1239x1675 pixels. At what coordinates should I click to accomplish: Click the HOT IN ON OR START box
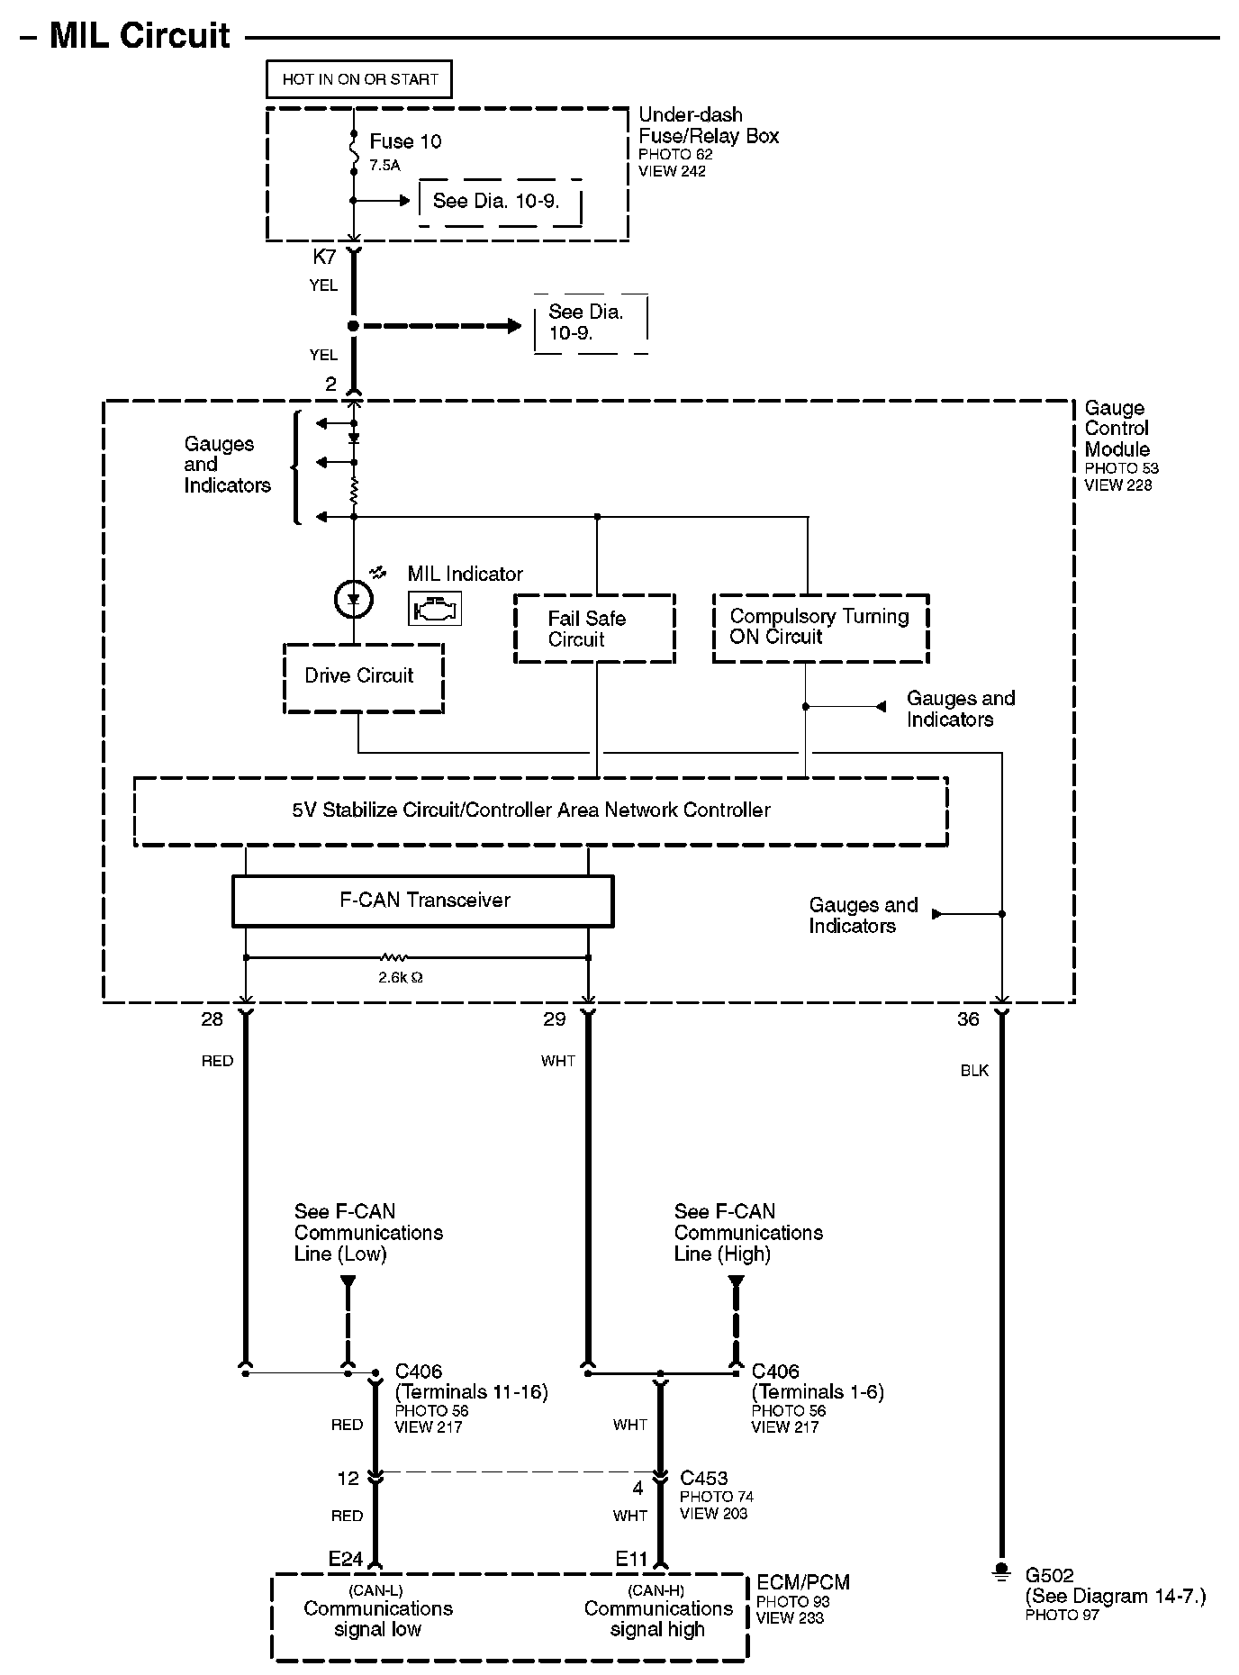pyautogui.click(x=359, y=79)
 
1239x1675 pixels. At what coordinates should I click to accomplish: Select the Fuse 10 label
pyautogui.click(x=405, y=141)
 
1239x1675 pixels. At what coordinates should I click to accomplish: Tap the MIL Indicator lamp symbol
pyautogui.click(x=353, y=599)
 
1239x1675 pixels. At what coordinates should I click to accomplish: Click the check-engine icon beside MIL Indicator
pyautogui.click(x=435, y=609)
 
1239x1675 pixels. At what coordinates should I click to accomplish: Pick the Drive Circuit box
pyautogui.click(x=363, y=678)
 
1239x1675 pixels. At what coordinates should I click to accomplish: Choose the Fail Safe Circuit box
pyautogui.click(x=594, y=629)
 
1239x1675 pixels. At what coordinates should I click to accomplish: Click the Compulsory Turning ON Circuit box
pyautogui.click(x=820, y=628)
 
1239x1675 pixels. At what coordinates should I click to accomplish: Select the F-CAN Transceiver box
pyautogui.click(x=423, y=901)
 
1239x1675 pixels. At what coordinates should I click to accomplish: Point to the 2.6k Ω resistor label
pyautogui.click(x=400, y=977)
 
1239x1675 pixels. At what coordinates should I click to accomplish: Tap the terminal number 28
pyautogui.click(x=212, y=1019)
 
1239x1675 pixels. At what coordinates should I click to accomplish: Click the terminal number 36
pyautogui.click(x=968, y=1019)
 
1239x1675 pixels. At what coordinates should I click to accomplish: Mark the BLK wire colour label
pyautogui.click(x=974, y=1071)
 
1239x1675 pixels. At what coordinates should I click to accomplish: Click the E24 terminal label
pyautogui.click(x=345, y=1559)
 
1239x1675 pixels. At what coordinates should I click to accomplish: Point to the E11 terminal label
pyautogui.click(x=632, y=1559)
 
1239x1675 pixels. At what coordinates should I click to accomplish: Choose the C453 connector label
pyautogui.click(x=703, y=1478)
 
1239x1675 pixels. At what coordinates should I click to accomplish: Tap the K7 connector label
pyautogui.click(x=324, y=258)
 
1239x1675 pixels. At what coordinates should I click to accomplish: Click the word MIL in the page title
pyautogui.click(x=82, y=36)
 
